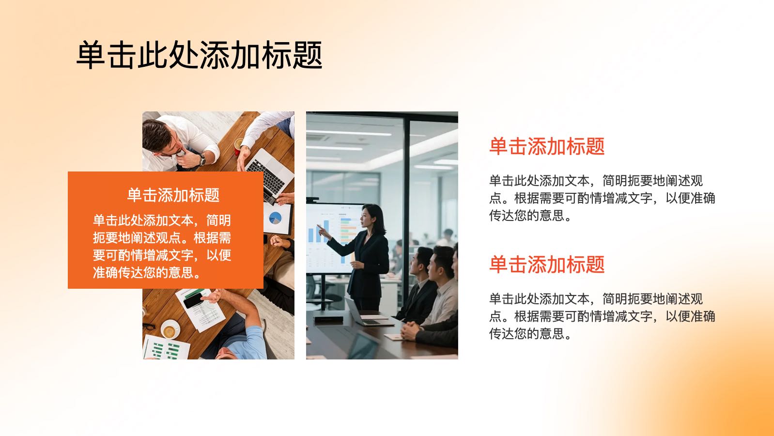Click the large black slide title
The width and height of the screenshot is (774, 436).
click(200, 55)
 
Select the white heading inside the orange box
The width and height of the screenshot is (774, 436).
click(173, 195)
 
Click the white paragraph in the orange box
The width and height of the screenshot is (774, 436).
click(162, 246)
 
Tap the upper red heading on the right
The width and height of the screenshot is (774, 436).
click(547, 146)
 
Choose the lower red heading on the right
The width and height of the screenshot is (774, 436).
click(547, 265)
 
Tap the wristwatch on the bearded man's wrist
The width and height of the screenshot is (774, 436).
click(202, 159)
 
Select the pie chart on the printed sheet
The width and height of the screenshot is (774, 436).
click(276, 218)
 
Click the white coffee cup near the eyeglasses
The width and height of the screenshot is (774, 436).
click(170, 330)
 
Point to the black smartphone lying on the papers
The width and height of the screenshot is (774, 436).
click(194, 300)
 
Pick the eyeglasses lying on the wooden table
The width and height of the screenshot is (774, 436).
click(149, 326)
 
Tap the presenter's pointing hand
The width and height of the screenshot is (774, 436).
click(323, 231)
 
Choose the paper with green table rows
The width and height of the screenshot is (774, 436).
click(166, 347)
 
